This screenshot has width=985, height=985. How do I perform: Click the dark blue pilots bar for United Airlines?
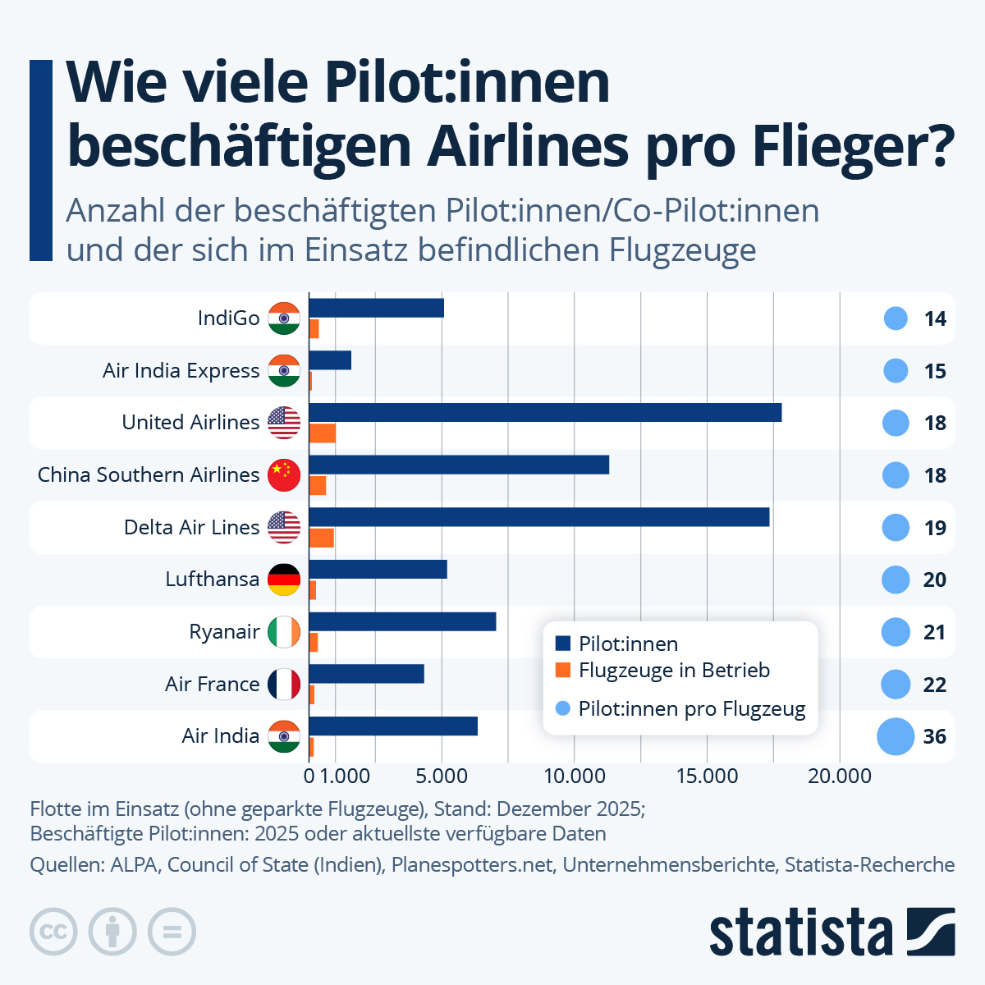click(545, 412)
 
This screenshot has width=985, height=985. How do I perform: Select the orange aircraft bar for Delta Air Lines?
click(322, 538)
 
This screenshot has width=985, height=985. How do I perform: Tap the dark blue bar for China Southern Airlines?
click(459, 465)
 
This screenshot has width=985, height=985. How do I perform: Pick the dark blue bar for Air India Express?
click(330, 360)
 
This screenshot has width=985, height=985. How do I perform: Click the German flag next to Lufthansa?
click(284, 580)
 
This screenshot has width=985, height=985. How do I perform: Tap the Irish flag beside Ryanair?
click(284, 632)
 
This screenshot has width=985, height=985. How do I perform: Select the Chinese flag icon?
click(284, 475)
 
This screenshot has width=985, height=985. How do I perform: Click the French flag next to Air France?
click(284, 685)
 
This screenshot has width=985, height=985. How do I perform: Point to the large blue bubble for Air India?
click(895, 736)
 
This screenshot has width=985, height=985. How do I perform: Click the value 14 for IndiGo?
click(935, 318)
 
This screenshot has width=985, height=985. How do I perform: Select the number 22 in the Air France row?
click(935, 685)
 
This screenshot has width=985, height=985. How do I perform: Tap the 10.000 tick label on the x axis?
click(574, 777)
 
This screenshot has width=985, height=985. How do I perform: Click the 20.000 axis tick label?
click(839, 777)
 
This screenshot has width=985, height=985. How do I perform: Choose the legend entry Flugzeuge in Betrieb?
click(674, 671)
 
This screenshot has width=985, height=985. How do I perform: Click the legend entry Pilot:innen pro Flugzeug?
click(691, 709)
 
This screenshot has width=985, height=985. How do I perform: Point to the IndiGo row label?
click(228, 318)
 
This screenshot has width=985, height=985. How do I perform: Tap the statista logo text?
click(800, 932)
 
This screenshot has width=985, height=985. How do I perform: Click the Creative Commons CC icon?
click(53, 932)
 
